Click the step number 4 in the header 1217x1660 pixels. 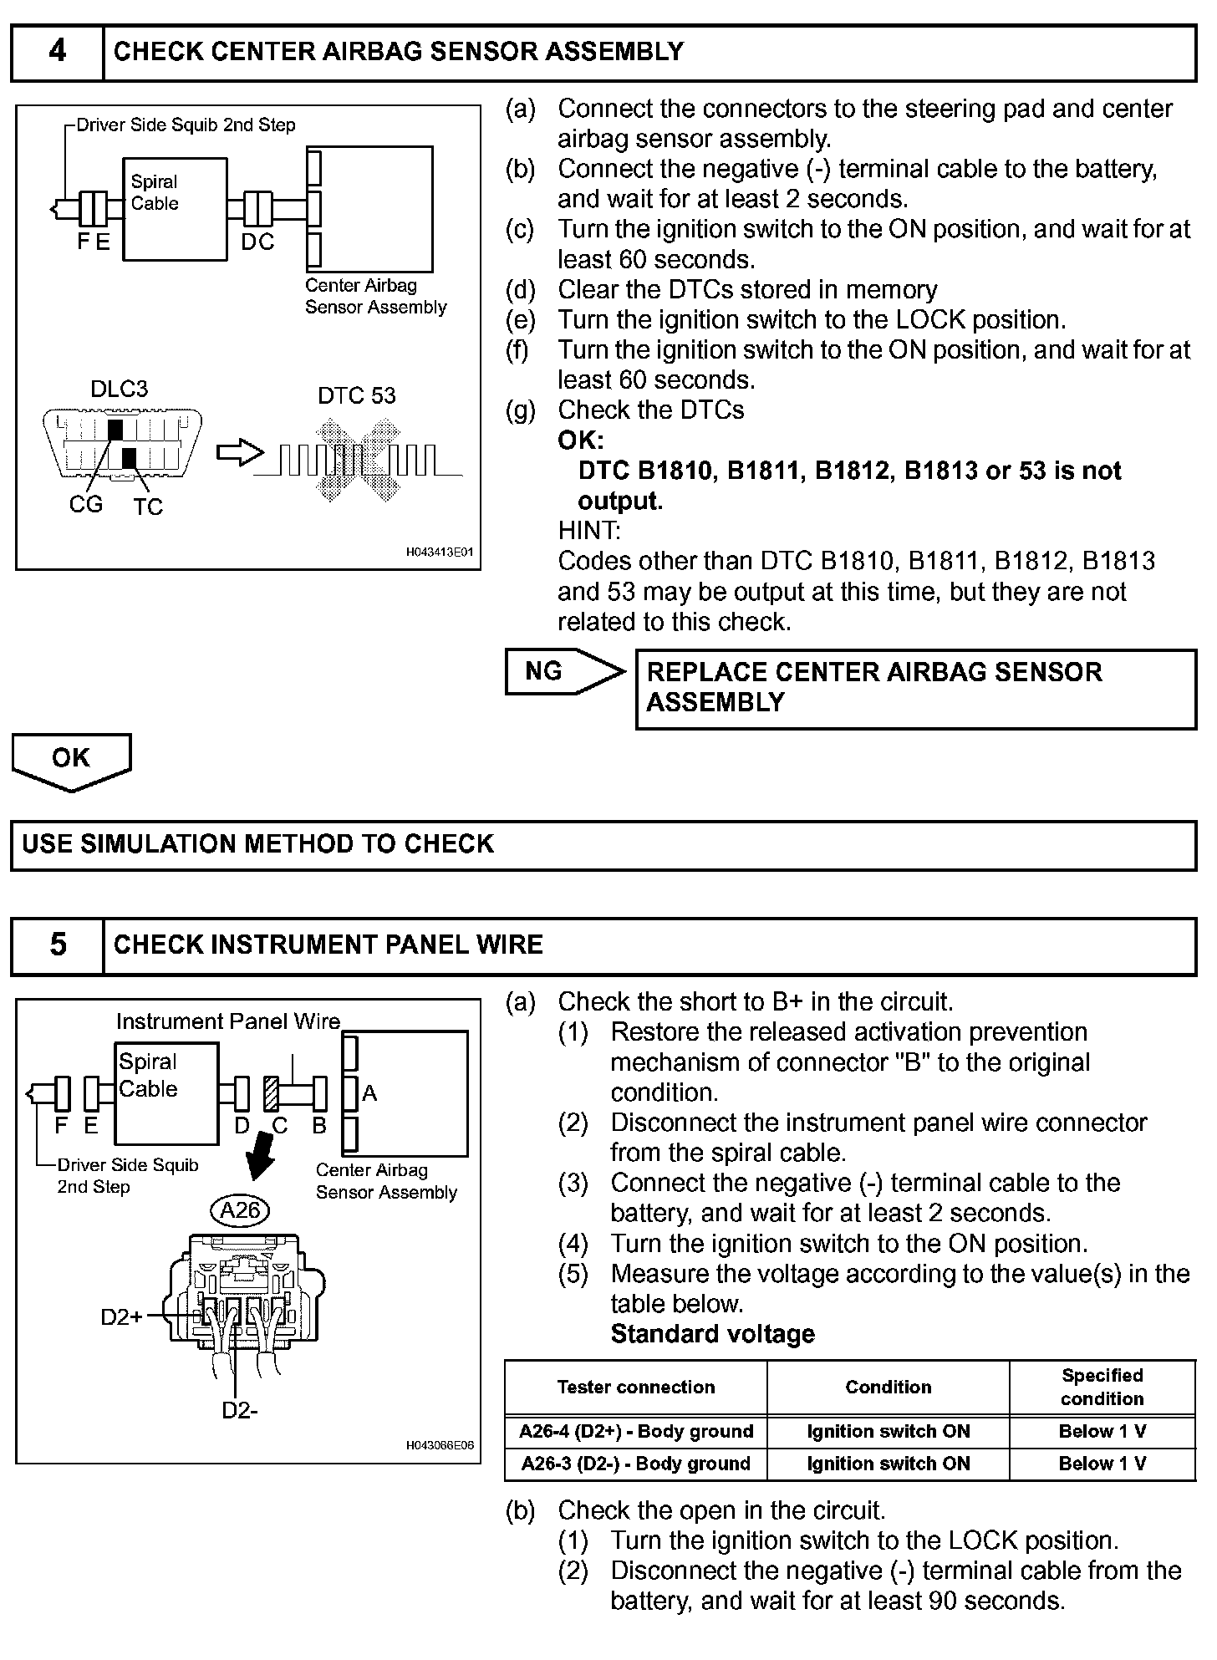point(57,52)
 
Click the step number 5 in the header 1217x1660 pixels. point(57,945)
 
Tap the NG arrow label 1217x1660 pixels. point(544,671)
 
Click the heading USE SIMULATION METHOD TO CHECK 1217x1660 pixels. point(258,844)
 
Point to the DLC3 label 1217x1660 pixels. point(119,390)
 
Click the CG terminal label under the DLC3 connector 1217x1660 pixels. point(86,505)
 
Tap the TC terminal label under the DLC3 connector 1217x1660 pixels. point(148,507)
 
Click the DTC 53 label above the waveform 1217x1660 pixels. point(357,395)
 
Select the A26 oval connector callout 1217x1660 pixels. point(240,1209)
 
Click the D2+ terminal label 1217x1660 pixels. point(121,1317)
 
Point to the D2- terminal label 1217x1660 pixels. point(239,1410)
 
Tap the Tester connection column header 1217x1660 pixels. point(636,1388)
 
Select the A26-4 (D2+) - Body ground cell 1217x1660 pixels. point(636,1432)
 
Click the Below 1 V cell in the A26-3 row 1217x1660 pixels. point(1102,1464)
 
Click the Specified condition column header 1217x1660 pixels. point(1102,1388)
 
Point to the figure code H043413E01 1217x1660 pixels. point(440,552)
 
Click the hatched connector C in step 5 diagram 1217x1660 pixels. point(272,1092)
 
